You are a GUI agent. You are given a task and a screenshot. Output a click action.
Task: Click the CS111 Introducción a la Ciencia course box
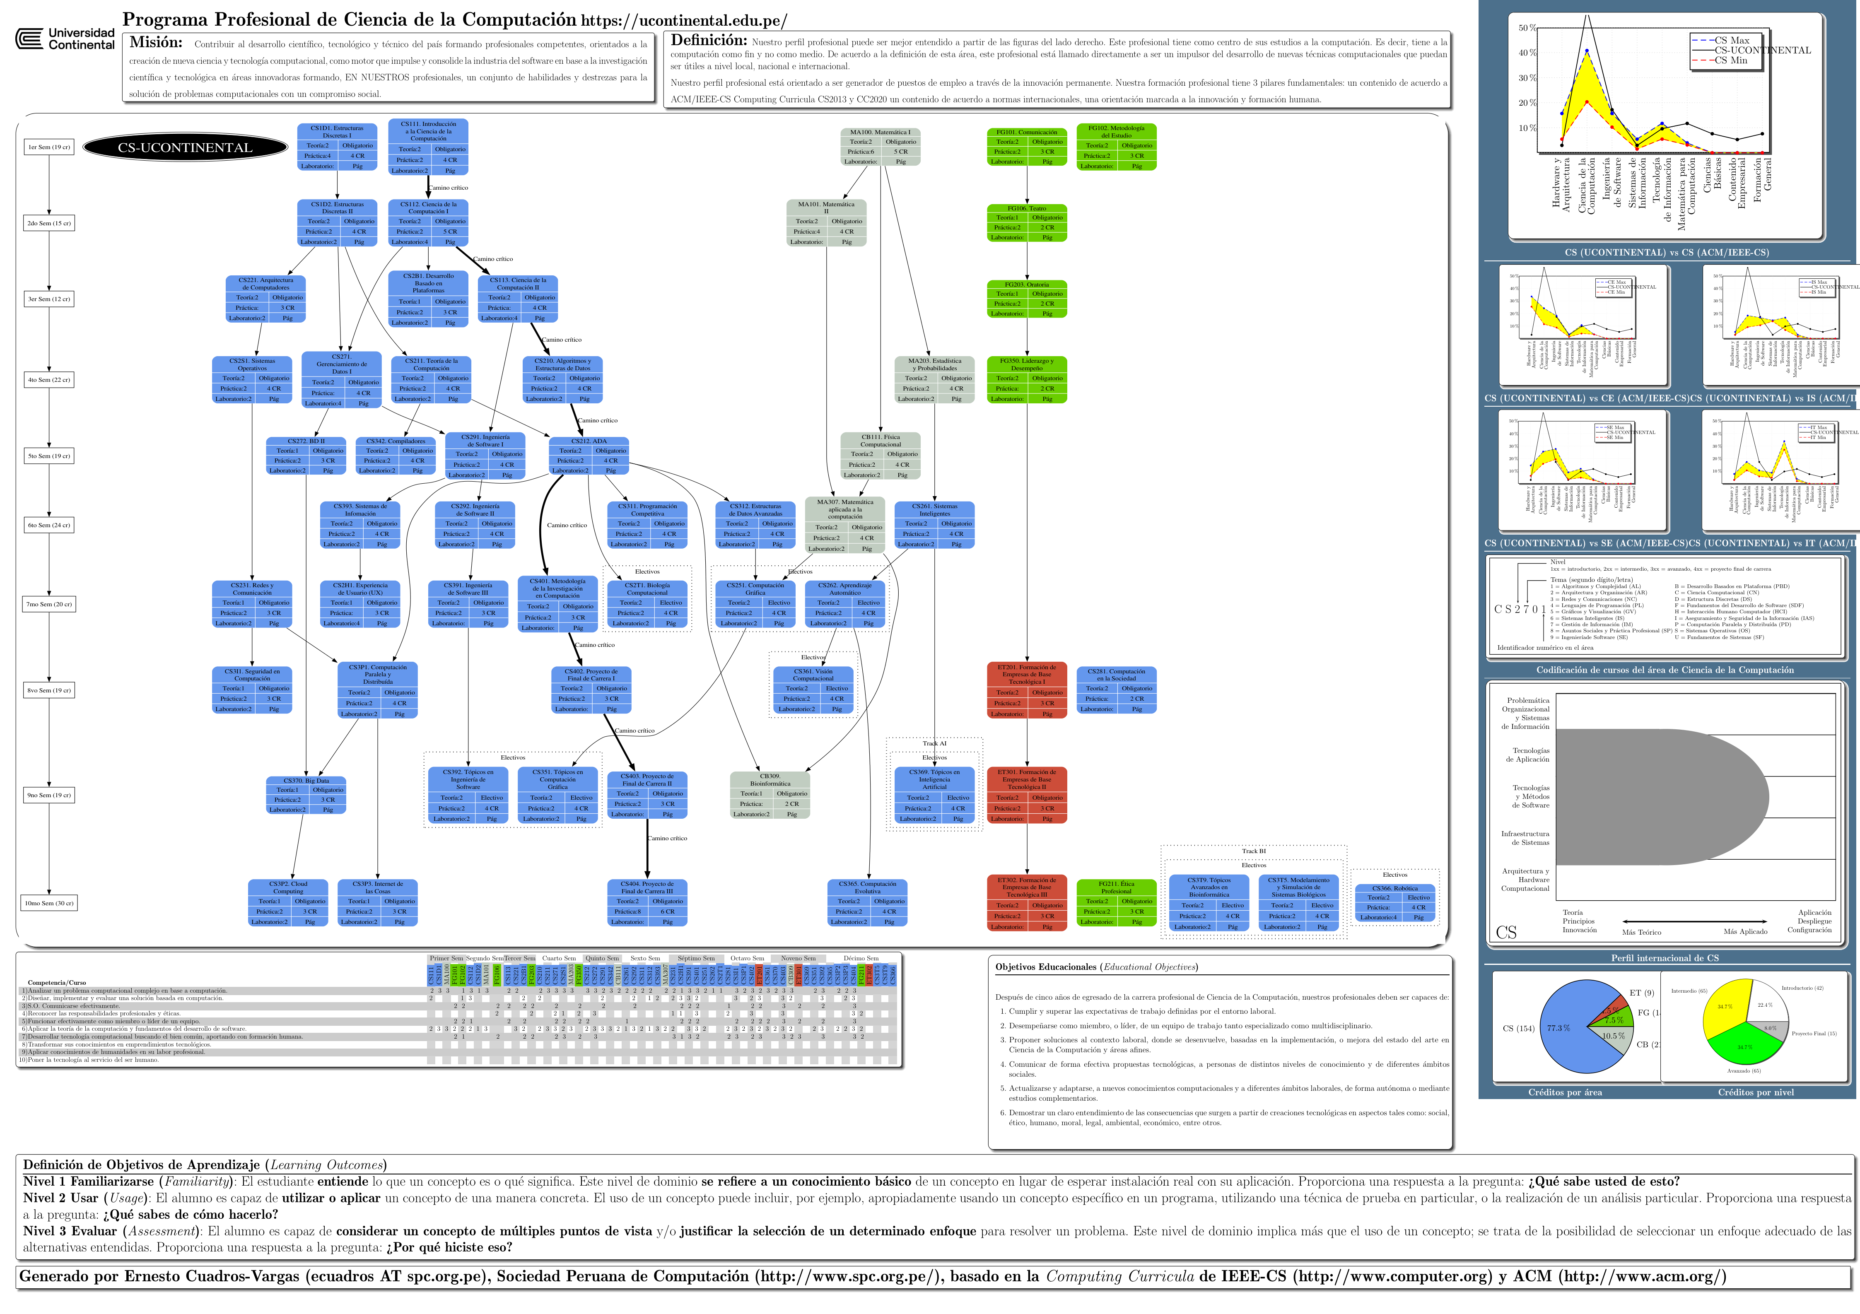click(x=429, y=147)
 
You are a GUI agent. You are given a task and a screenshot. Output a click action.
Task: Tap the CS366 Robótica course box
click(x=1395, y=902)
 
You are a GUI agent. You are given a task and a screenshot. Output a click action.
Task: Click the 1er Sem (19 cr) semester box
click(x=49, y=147)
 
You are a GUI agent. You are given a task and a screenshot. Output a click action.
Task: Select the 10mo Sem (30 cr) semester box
click(x=49, y=903)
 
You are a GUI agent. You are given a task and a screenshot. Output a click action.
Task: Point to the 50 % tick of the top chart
click(x=1527, y=28)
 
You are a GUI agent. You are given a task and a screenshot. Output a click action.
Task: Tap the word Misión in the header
click(x=156, y=43)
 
